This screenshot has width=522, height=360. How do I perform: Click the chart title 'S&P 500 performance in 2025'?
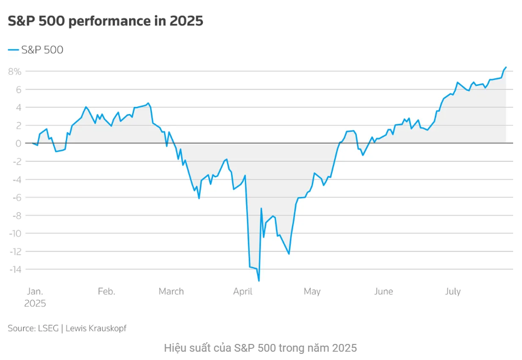click(105, 21)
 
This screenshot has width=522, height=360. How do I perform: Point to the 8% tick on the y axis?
click(14, 71)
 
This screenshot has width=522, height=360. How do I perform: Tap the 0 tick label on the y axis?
click(18, 143)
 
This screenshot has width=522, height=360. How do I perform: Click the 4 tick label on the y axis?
click(18, 107)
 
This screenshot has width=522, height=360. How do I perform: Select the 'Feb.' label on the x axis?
click(106, 291)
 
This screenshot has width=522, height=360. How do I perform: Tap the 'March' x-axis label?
click(171, 291)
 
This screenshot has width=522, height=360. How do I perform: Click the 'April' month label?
click(243, 291)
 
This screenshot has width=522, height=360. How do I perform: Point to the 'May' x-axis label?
click(312, 291)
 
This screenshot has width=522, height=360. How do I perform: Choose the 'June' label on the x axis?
click(383, 291)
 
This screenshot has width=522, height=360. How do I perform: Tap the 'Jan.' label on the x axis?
click(35, 291)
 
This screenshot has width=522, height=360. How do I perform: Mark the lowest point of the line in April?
click(259, 281)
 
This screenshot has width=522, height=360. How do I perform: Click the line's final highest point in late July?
click(506, 67)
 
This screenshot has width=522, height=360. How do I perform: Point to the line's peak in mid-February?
click(147, 103)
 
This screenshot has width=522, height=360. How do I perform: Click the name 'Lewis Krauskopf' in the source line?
click(96, 328)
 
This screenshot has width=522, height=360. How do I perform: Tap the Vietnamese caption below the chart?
click(260, 348)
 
